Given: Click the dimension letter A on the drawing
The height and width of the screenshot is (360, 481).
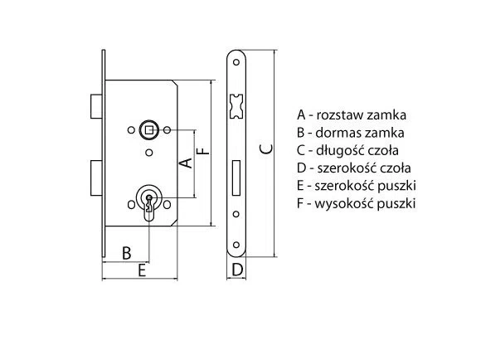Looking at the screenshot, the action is click(186, 163).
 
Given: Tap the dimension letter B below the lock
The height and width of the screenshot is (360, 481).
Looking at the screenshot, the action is click(126, 253).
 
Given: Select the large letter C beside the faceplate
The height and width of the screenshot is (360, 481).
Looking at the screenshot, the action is click(265, 148).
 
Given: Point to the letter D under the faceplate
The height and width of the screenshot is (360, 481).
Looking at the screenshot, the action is click(237, 270).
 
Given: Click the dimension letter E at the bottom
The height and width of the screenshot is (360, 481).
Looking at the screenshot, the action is click(142, 270).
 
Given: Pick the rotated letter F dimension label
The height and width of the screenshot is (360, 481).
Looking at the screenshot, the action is click(203, 151).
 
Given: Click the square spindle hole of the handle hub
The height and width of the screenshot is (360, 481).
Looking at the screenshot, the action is click(149, 130).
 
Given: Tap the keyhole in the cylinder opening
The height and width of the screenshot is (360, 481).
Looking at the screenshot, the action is click(149, 203).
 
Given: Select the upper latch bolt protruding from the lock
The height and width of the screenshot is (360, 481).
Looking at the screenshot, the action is click(96, 106).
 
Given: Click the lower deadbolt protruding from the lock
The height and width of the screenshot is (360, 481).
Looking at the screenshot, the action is click(96, 178).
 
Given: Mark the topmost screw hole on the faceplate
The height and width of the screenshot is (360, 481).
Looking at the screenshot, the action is click(236, 62).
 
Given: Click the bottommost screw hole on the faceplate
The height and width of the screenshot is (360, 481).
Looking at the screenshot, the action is click(236, 245).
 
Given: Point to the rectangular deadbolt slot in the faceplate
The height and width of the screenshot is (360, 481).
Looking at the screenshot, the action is click(236, 178).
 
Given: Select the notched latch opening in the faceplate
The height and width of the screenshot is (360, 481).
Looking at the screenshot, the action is click(236, 106).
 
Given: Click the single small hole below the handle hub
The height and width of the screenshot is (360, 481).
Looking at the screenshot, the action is click(149, 153).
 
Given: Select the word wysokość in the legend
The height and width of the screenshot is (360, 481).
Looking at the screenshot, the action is click(344, 203).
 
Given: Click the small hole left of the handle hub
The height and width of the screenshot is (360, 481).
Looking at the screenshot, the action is click(131, 130).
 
